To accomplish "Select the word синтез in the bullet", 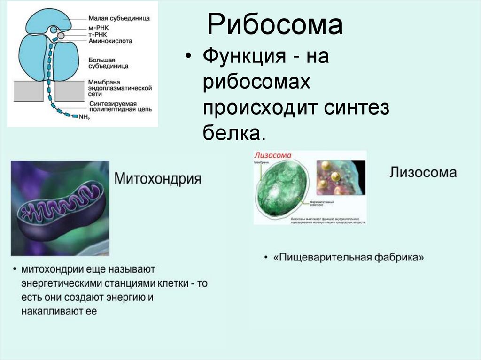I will pos(356,108).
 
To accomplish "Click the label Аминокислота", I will pos(110,41).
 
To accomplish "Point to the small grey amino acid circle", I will pos(61,36).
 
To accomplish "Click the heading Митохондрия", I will pos(158,179).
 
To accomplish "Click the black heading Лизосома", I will pos(423,172).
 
